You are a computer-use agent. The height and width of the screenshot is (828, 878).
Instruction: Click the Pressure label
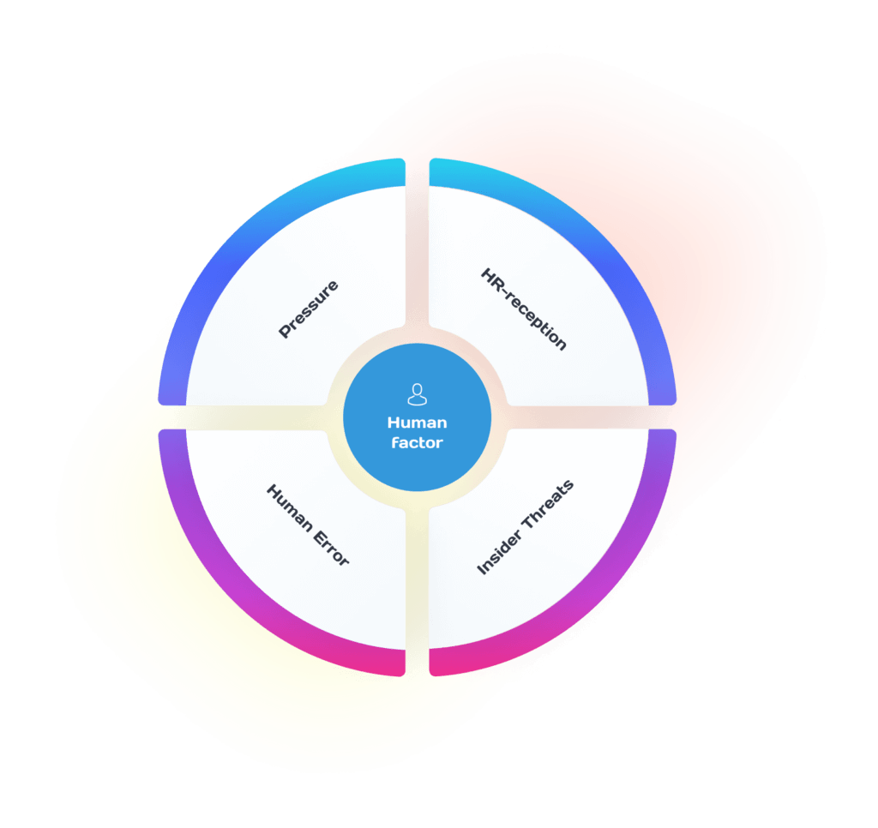[309, 309]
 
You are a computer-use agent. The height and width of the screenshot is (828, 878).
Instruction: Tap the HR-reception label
[524, 309]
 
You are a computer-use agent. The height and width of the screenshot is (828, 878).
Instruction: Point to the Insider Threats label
[525, 526]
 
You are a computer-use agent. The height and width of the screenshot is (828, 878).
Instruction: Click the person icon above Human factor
[417, 394]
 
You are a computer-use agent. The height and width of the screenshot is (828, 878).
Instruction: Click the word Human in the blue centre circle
[417, 423]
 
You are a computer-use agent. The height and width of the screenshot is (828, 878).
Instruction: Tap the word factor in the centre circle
[417, 443]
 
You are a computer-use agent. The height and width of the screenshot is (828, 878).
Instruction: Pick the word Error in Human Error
[330, 547]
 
